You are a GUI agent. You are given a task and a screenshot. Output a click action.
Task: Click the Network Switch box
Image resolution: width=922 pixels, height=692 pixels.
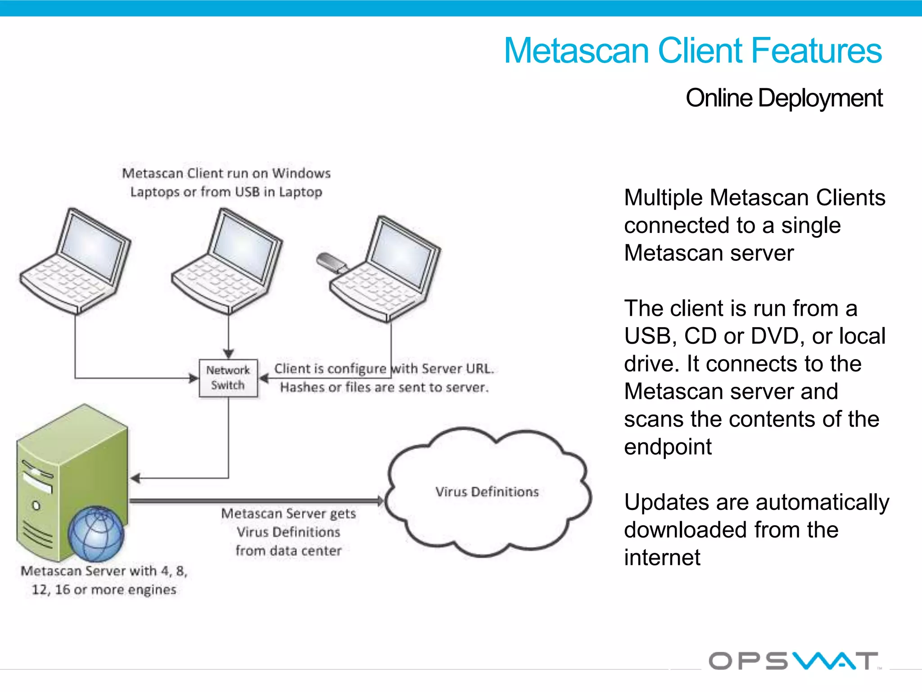[x=228, y=378]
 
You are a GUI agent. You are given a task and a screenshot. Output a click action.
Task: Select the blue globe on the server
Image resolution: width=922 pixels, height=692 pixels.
[x=96, y=534]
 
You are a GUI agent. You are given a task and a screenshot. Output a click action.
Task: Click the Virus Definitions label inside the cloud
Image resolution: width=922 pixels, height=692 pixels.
[x=487, y=492]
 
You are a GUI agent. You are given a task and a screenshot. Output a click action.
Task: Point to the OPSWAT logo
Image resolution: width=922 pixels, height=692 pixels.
[x=793, y=661]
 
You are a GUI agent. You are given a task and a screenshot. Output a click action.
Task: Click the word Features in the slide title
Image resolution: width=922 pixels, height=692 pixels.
[x=816, y=50]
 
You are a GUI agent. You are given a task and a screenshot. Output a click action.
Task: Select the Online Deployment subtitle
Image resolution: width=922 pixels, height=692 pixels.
[x=784, y=98]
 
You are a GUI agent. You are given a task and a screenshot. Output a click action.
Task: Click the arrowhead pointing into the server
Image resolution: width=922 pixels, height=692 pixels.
[x=135, y=478]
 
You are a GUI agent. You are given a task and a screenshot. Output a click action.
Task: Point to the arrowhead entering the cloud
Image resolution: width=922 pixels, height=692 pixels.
[x=380, y=501]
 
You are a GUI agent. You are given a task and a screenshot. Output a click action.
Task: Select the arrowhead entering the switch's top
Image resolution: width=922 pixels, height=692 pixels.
[x=229, y=354]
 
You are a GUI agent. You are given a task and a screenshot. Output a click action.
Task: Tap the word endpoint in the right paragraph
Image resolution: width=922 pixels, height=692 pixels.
[x=668, y=447]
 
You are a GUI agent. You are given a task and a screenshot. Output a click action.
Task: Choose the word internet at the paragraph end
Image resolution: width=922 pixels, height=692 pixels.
[x=662, y=558]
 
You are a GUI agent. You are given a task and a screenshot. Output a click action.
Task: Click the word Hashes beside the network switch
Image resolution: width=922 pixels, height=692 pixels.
[x=303, y=387]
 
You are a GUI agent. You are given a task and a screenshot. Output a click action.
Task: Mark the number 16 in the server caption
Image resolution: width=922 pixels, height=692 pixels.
[x=63, y=590]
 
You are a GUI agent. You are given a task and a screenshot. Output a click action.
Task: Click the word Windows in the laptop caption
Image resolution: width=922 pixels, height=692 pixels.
[x=301, y=173]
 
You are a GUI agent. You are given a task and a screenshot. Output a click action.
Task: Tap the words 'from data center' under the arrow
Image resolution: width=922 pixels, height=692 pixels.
[x=289, y=551]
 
